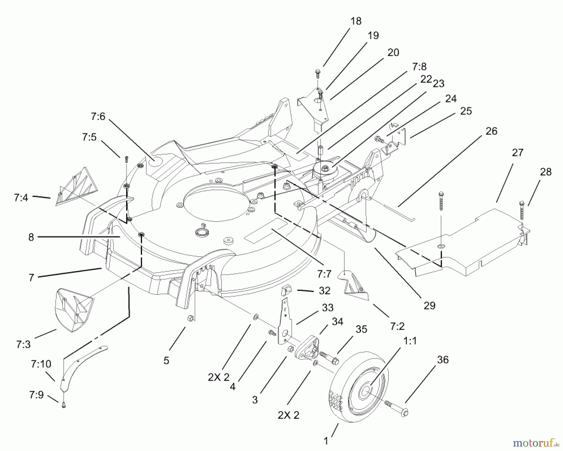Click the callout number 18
356,21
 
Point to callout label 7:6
98,117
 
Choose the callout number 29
429,306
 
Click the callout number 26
491,131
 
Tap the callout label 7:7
324,274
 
